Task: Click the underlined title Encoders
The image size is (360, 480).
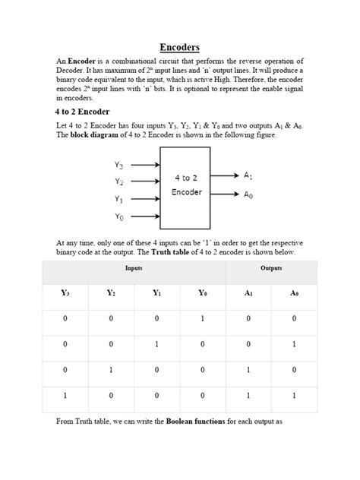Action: (179, 47)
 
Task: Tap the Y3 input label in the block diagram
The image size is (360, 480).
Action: (119, 165)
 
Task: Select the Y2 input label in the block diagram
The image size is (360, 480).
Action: (119, 182)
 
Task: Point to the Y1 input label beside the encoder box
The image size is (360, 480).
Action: (119, 199)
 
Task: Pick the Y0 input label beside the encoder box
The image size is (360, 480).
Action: (119, 216)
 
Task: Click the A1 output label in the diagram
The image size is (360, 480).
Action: (248, 175)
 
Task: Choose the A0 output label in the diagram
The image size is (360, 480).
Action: (248, 194)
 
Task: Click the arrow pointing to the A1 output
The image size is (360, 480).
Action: (225, 175)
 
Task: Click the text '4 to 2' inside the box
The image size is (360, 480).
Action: (186, 178)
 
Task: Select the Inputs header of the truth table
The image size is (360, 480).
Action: (134, 269)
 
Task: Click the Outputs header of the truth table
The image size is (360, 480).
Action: (271, 269)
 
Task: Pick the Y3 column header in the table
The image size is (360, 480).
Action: (65, 292)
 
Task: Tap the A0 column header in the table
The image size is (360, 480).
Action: (293, 292)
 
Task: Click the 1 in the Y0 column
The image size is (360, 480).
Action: (202, 320)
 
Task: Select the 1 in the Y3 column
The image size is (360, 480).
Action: (65, 396)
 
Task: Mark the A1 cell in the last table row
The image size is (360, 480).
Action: (248, 396)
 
